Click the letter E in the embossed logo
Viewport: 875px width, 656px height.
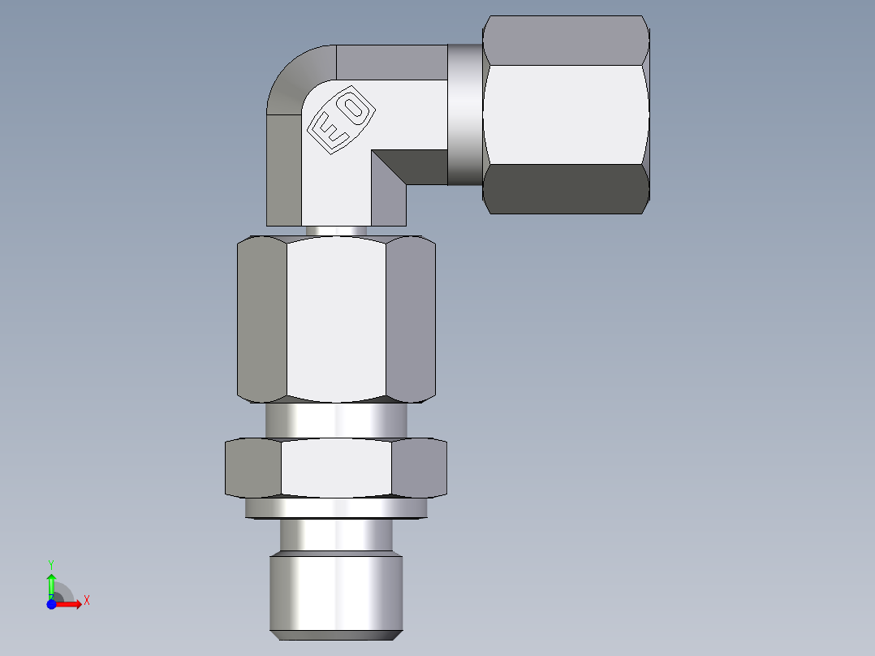click(x=330, y=132)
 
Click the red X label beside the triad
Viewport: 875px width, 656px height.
click(x=86, y=601)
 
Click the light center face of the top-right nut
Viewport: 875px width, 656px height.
click(x=566, y=114)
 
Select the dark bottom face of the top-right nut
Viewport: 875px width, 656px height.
click(x=566, y=188)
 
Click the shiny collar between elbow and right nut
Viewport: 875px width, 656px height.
click(x=464, y=114)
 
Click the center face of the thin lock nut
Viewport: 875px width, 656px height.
click(x=336, y=467)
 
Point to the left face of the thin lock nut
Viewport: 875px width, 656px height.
click(x=252, y=467)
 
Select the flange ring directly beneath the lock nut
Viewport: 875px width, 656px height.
click(x=335, y=508)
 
